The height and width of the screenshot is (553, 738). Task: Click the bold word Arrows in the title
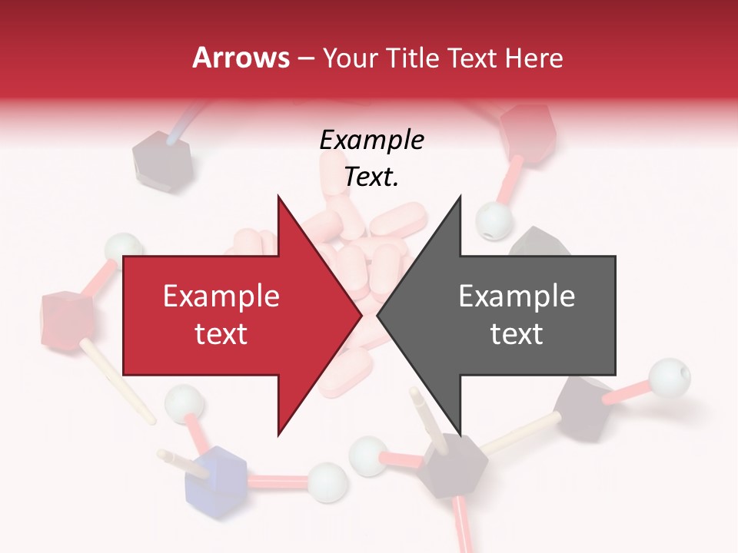pyautogui.click(x=241, y=58)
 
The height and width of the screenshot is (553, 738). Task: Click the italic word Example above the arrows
pyautogui.click(x=371, y=141)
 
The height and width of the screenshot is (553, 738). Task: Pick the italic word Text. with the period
pyautogui.click(x=371, y=177)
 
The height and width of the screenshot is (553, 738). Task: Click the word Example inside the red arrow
pyautogui.click(x=221, y=296)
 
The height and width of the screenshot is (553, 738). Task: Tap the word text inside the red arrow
pyautogui.click(x=221, y=334)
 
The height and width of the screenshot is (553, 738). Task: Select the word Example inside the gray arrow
pyautogui.click(x=517, y=296)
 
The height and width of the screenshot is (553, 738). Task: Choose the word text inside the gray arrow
pyautogui.click(x=517, y=334)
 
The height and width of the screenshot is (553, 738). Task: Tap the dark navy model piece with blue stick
pyautogui.click(x=155, y=157)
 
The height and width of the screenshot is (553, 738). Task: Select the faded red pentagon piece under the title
pyautogui.click(x=527, y=131)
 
